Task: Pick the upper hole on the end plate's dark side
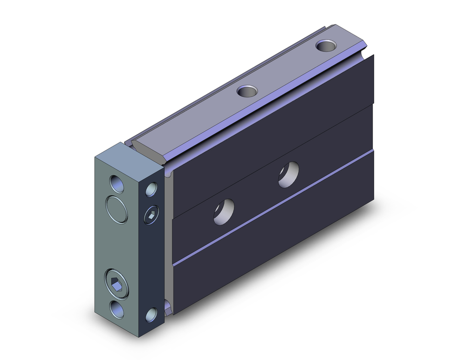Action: click(x=151, y=189)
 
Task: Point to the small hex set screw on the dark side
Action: click(x=151, y=215)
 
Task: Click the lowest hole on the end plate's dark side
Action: click(x=151, y=315)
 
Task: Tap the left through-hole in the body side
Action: click(x=224, y=211)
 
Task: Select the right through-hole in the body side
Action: click(x=288, y=174)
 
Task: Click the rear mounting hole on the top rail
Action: click(x=326, y=46)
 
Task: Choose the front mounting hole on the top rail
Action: click(x=247, y=91)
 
